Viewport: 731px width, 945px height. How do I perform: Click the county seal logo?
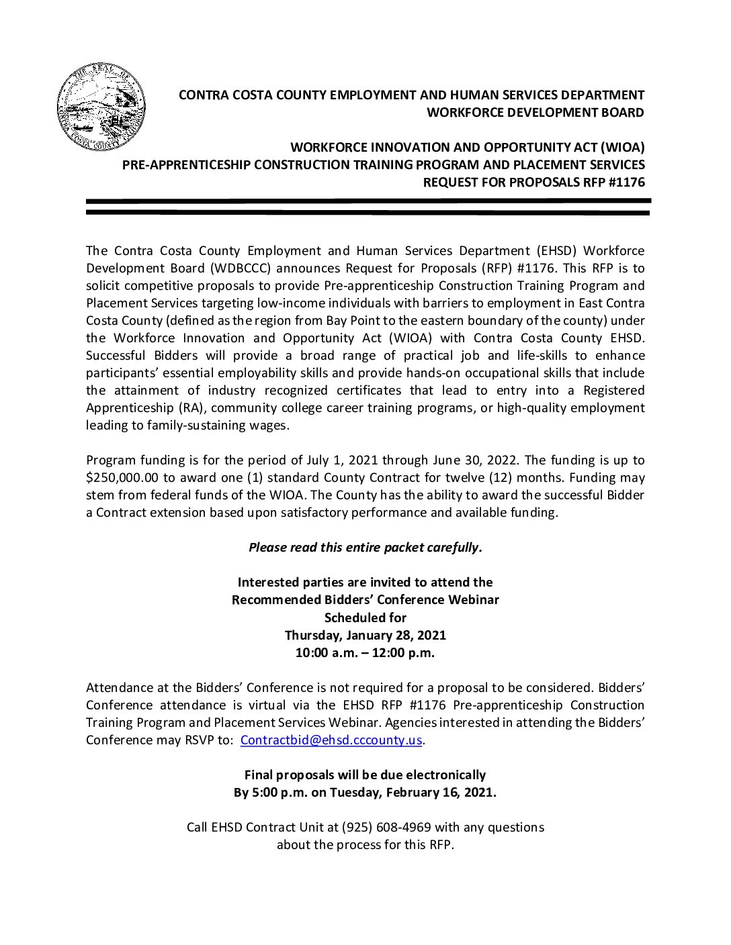[x=101, y=107]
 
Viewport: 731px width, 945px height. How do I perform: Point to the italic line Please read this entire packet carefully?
[x=365, y=548]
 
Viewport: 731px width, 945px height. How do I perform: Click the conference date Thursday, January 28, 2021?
[x=365, y=636]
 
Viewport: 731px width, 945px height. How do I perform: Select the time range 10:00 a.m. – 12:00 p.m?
[x=365, y=653]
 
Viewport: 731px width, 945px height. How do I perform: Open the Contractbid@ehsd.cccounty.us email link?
[x=331, y=740]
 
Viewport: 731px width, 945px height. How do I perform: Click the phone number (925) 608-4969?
[x=386, y=828]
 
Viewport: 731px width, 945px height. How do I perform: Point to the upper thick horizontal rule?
[x=368, y=201]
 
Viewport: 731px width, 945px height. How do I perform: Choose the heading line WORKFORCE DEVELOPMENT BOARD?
[x=535, y=113]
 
